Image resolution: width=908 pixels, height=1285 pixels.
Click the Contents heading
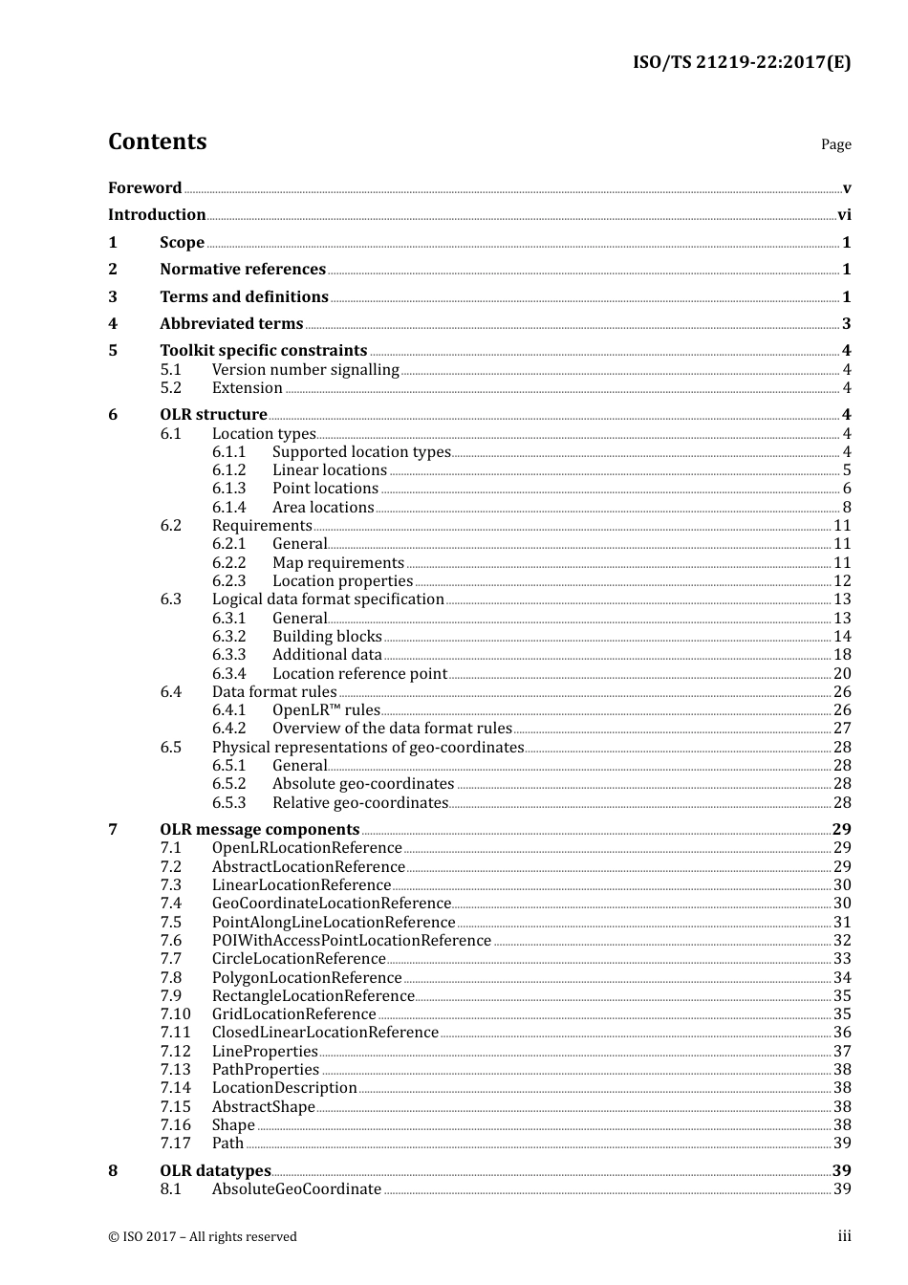(x=157, y=142)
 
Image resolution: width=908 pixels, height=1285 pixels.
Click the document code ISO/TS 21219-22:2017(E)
(x=741, y=63)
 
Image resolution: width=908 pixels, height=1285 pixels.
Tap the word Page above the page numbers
(x=835, y=144)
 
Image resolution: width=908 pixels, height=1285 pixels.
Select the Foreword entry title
(x=144, y=188)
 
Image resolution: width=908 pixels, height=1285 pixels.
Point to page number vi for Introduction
(x=844, y=215)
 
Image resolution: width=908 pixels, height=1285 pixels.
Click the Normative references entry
(x=243, y=270)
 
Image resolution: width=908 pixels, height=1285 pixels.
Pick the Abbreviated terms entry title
(x=231, y=324)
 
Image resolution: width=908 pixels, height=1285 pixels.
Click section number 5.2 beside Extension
(x=170, y=388)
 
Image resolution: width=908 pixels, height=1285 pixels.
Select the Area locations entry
(x=323, y=508)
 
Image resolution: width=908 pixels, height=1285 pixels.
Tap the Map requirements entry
(x=338, y=563)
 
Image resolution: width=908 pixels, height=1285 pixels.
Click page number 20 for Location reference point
(x=842, y=674)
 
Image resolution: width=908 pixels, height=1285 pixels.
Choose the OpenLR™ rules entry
(x=326, y=710)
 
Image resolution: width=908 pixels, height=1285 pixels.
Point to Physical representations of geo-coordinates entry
(x=368, y=748)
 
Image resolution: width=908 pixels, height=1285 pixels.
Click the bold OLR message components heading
(x=260, y=830)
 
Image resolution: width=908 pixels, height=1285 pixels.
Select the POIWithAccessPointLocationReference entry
(x=352, y=941)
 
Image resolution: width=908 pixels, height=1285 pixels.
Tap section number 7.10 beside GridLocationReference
(x=175, y=1014)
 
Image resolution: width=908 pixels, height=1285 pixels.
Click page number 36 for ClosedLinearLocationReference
(x=842, y=1033)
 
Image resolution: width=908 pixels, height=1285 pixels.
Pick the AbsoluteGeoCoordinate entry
(x=296, y=1189)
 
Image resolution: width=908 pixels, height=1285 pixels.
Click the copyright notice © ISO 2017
(x=203, y=1237)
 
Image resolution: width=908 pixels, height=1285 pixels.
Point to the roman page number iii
(x=844, y=1236)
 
